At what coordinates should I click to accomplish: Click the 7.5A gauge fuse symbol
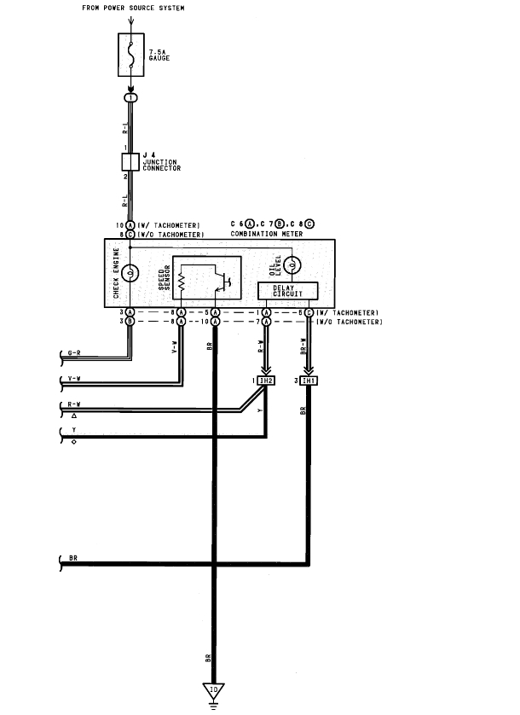click(x=130, y=55)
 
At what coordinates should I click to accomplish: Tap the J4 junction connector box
click(x=130, y=161)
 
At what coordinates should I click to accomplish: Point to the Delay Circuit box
click(x=288, y=291)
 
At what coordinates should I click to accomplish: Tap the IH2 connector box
click(x=265, y=380)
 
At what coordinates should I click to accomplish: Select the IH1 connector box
click(x=309, y=380)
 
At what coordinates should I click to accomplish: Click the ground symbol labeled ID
click(x=214, y=689)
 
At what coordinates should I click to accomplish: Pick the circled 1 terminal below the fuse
click(x=130, y=98)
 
